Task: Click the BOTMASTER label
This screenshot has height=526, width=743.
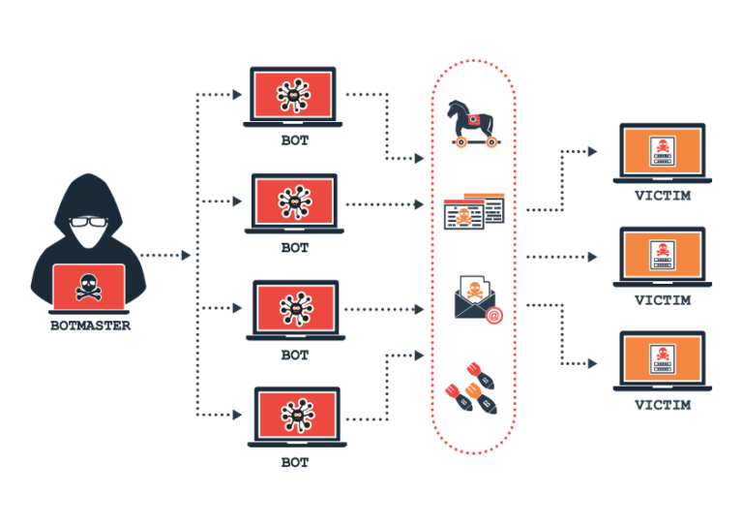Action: click(x=90, y=325)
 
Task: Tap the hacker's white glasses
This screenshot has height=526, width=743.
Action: click(x=89, y=222)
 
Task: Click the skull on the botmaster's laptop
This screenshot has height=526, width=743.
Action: click(x=89, y=287)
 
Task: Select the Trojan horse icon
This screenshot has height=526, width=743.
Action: click(x=472, y=123)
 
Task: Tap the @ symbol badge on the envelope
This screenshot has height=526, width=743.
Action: click(x=493, y=316)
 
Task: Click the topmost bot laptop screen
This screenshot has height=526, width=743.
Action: click(x=293, y=95)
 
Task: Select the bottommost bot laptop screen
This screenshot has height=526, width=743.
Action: click(x=297, y=416)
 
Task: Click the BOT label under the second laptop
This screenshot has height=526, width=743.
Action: click(x=295, y=248)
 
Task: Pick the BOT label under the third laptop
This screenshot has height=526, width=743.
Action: click(x=295, y=355)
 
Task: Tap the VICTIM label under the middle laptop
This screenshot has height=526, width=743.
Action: click(x=663, y=300)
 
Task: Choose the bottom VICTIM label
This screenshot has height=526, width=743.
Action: click(x=663, y=405)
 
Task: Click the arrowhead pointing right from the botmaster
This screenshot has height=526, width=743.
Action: click(x=186, y=255)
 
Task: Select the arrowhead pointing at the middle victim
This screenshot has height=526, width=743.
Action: click(x=592, y=257)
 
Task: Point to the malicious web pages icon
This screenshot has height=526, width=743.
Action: click(x=474, y=211)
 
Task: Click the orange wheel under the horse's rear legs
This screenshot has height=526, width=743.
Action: click(x=461, y=141)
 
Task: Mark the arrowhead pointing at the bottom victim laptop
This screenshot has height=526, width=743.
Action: click(x=592, y=364)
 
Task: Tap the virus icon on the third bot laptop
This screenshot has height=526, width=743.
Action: click(x=296, y=309)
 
